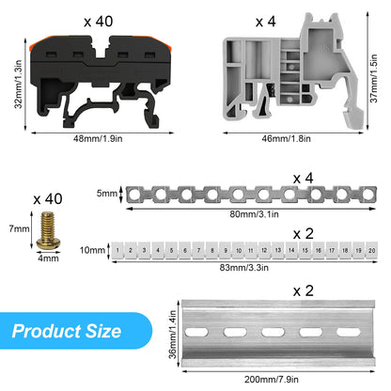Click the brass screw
(x=48, y=230)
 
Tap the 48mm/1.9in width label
(x=98, y=138)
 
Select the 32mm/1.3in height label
(x=18, y=84)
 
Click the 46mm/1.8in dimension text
(x=287, y=138)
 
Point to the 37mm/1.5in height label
(x=374, y=78)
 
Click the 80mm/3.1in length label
(x=254, y=214)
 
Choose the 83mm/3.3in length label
(x=244, y=268)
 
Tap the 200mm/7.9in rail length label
(x=272, y=380)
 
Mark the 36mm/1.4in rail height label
(x=173, y=335)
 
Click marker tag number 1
(x=117, y=250)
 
